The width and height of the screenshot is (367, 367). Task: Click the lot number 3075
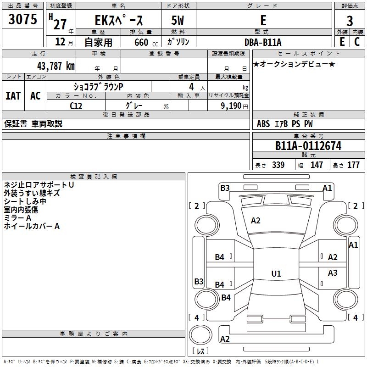coord(22,19)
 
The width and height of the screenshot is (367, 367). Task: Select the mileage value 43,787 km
coord(56,66)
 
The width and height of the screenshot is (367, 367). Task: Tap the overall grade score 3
coord(350,21)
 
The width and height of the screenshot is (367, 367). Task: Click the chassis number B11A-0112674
coord(308,146)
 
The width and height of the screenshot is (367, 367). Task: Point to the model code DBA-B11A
coord(263,42)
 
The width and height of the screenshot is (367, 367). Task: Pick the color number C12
coord(76,106)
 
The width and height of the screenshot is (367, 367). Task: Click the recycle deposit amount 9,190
coord(231,106)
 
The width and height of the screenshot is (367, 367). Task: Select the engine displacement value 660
coord(141,42)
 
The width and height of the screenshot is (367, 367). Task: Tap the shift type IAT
coord(13,96)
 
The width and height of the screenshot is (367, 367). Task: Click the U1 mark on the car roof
coord(276,273)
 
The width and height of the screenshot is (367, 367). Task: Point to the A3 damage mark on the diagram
coord(333,272)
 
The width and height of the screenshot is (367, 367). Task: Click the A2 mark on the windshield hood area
coord(256,221)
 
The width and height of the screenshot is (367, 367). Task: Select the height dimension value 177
coord(353,165)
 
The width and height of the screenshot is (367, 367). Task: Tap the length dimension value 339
coord(278,165)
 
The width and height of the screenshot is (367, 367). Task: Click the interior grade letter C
coord(357,42)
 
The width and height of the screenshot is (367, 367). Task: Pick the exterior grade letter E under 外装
coord(342,42)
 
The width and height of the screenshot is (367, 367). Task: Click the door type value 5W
coord(178,20)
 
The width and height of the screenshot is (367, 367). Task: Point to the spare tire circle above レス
coord(200,335)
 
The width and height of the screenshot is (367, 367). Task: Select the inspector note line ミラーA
coord(17,218)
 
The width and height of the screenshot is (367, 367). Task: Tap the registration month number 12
coord(60,42)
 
